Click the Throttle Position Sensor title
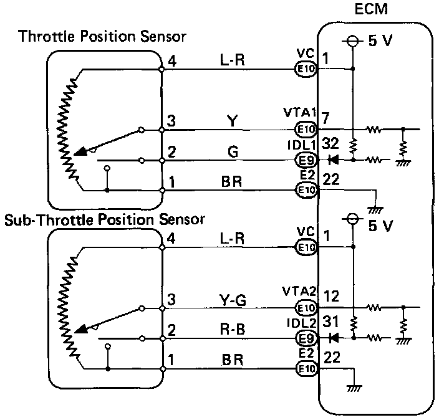click(103, 37)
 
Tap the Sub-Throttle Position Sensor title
click(105, 219)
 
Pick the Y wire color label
click(231, 122)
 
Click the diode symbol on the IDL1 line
click(333, 160)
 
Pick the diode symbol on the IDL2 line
click(333, 338)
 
